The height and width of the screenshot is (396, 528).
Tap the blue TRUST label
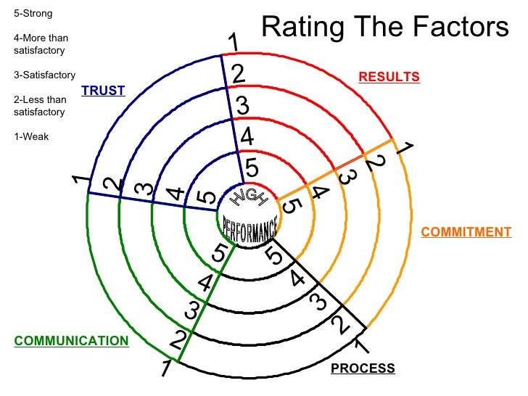point(103,91)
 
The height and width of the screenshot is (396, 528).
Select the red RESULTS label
point(389,77)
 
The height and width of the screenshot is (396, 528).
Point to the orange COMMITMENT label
point(466,232)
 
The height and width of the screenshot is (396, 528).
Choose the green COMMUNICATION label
point(71,341)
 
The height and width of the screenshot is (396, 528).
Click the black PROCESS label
point(363,368)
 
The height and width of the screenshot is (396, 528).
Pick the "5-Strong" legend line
point(33,13)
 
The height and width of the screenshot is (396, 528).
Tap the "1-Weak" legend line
point(31,136)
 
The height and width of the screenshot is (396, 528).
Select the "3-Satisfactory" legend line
point(44,75)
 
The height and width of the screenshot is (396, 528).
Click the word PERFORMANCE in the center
point(249,228)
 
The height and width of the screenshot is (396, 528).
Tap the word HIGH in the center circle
point(249,197)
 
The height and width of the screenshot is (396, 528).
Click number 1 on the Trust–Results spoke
point(234,44)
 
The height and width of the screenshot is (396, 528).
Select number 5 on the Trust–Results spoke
point(252,168)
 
